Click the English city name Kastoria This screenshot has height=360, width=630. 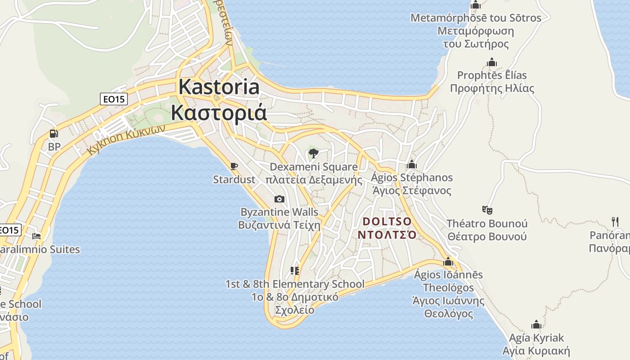click(x=219, y=87)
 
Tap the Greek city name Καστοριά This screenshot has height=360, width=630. click(x=219, y=112)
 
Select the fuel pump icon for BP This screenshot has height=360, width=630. click(x=54, y=134)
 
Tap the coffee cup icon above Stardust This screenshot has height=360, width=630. click(x=234, y=166)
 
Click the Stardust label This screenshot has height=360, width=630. click(x=234, y=180)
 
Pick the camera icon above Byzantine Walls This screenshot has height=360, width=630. click(x=279, y=199)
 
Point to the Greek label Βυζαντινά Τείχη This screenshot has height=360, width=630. click(x=279, y=225)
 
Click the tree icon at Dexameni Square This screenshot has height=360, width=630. click(x=314, y=153)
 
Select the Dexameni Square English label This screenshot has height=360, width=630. click(x=314, y=167)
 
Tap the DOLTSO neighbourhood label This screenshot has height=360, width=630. click(x=387, y=221)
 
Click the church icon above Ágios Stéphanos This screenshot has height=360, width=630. click(x=411, y=164)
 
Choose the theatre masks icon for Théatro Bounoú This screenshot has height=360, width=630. click(x=487, y=210)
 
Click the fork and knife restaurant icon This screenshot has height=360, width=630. click(x=615, y=221)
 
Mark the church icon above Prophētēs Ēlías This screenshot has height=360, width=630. click(x=492, y=62)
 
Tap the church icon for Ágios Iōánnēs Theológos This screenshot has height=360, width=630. click(x=448, y=261)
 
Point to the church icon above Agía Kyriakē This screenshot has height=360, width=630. click(x=536, y=324)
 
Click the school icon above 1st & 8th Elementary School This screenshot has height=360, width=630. click(x=295, y=271)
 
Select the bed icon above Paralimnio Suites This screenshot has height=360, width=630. click(x=37, y=236)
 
